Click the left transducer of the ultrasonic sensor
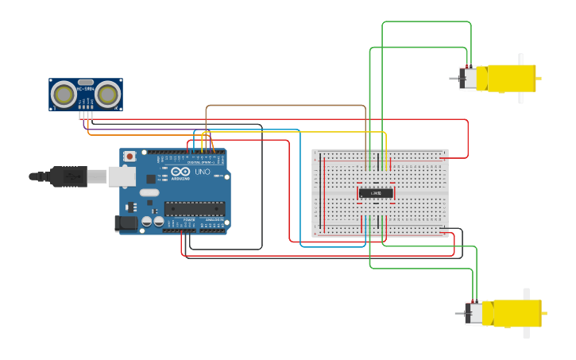click(x=64, y=95)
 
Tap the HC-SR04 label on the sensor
click(x=85, y=88)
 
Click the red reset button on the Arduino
click(x=129, y=157)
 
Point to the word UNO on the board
click(x=202, y=172)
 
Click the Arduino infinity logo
click(x=180, y=172)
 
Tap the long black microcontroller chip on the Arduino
click(x=194, y=209)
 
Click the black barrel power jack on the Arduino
click(x=126, y=224)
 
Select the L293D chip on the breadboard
click(x=375, y=192)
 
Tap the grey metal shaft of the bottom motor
click(x=458, y=314)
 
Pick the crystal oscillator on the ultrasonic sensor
click(x=85, y=81)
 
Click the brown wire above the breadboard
click(x=286, y=105)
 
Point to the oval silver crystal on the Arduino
click(x=149, y=193)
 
